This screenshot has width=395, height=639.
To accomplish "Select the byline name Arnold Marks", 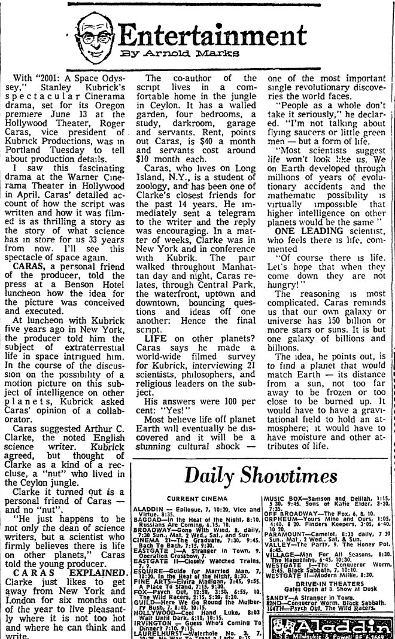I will coord(190,53).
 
